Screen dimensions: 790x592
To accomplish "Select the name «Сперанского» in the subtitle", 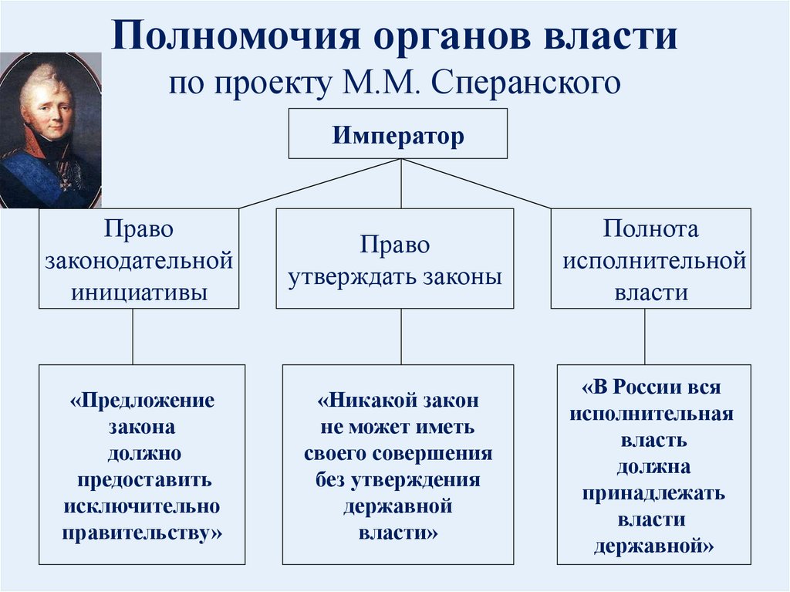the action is click(526, 83).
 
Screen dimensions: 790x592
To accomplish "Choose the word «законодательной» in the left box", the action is click(139, 261).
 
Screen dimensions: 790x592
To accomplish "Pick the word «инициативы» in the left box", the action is click(139, 292).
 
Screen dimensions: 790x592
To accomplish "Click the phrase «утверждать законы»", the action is click(395, 276).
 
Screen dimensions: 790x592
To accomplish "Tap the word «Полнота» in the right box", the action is click(651, 229).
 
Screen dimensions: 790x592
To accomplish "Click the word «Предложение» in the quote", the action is click(142, 401).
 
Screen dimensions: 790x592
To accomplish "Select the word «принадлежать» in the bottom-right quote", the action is click(653, 493).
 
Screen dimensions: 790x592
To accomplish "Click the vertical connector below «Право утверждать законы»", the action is click(400, 337).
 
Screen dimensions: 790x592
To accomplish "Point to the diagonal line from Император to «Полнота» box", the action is click(478, 184).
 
